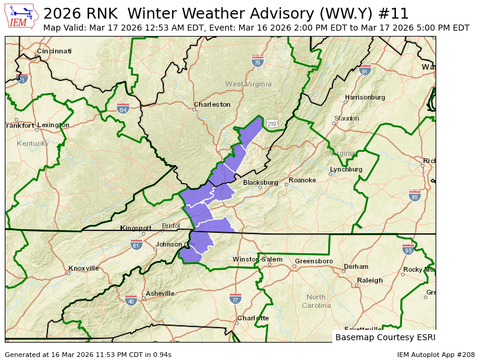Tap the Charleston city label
[212, 104]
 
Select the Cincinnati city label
[55, 51]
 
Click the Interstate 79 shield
[257, 61]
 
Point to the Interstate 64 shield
[123, 108]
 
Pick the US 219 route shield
[272, 124]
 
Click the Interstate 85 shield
[415, 196]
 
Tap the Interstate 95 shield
[409, 249]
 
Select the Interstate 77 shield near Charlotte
[235, 298]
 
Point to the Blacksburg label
[260, 182]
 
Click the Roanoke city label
[302, 180]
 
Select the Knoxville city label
[83, 268]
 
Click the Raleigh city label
[370, 280]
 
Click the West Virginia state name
[244, 84]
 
